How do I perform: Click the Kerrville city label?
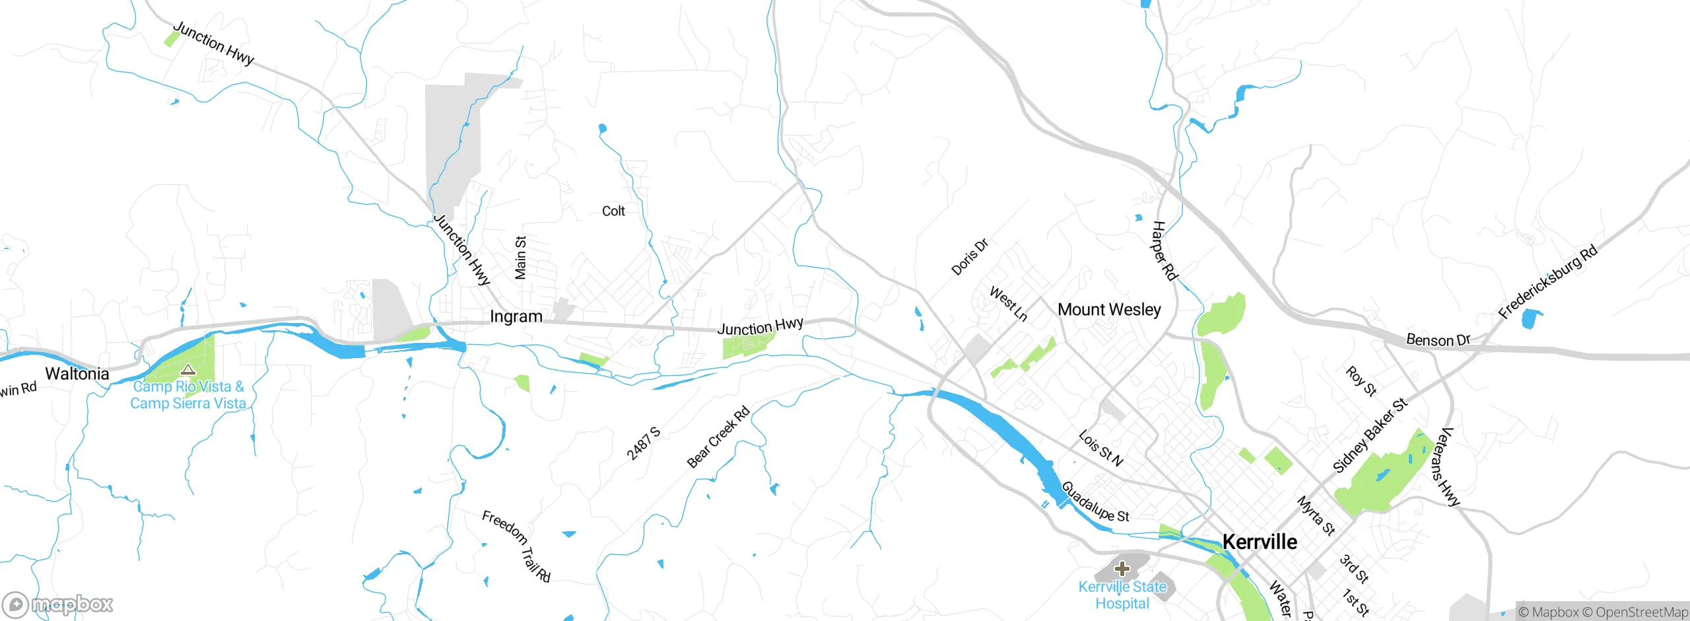tap(1260, 542)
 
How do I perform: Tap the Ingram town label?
tap(516, 316)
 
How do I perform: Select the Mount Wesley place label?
tap(1109, 309)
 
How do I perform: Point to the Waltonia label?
tap(77, 373)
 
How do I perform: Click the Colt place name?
tap(613, 211)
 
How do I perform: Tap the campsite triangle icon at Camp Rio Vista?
tap(188, 369)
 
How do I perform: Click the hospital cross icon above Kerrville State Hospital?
tap(1122, 568)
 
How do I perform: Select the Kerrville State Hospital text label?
tap(1122, 595)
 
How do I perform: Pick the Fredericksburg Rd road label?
tap(1547, 281)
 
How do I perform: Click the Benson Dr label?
tap(1438, 340)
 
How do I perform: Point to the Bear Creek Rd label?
tap(718, 437)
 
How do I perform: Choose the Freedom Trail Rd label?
tap(516, 546)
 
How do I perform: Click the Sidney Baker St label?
tap(1370, 435)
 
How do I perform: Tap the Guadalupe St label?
tap(1095, 502)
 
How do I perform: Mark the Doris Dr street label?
tap(970, 257)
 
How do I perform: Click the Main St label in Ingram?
tap(520, 258)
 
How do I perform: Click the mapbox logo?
tap(57, 604)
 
